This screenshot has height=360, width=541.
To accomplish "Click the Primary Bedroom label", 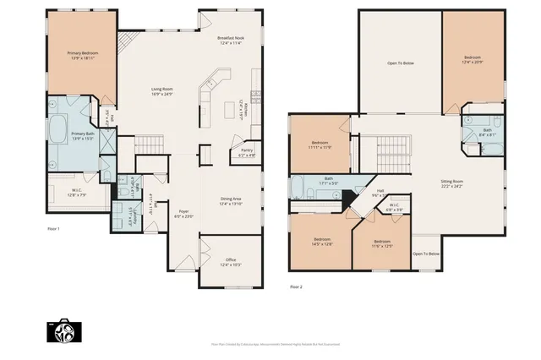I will click(x=83, y=56).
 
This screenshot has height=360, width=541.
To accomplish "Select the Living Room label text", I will click(x=161, y=90).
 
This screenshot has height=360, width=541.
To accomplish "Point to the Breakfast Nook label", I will click(x=230, y=40).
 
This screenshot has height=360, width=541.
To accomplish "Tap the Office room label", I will click(x=230, y=262).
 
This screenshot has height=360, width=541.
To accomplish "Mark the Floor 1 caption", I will click(x=53, y=228).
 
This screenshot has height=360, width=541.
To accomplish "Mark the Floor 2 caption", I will click(x=296, y=287).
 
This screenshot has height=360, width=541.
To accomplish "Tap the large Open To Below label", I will click(x=400, y=63).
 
